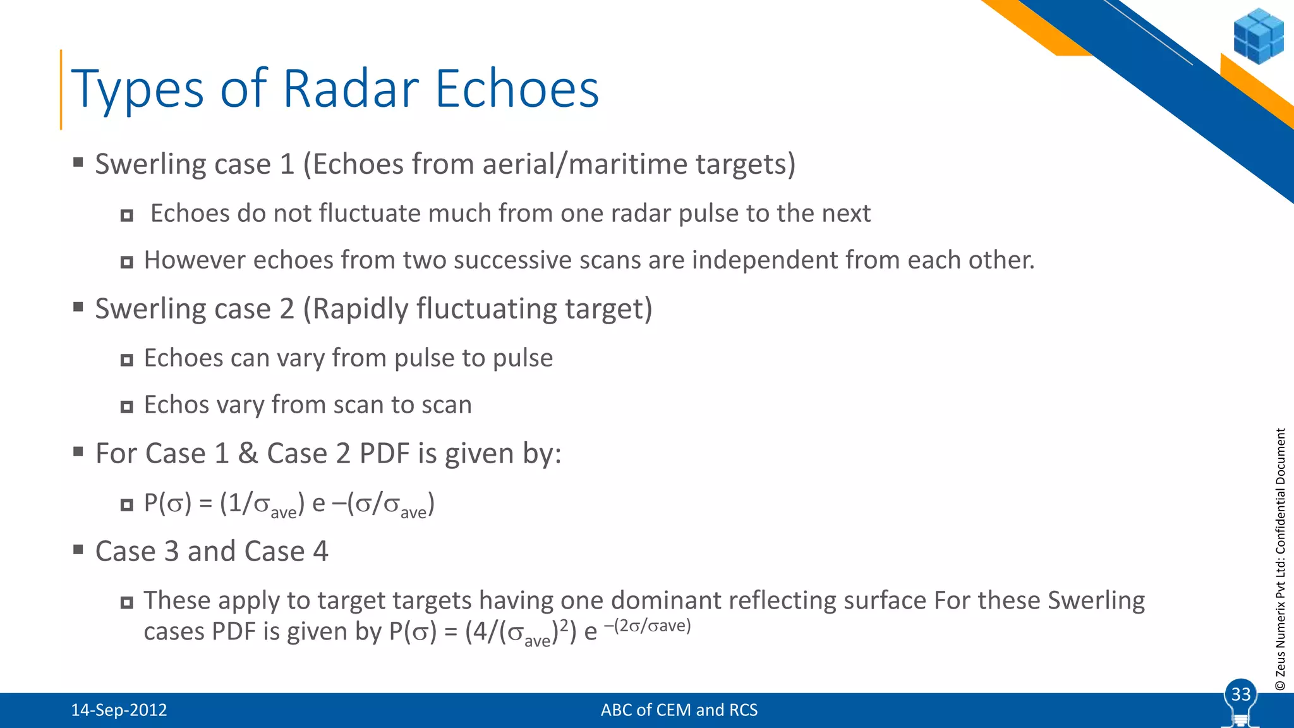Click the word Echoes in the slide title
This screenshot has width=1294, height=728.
[517, 88]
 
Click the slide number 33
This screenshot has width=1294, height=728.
[1241, 695]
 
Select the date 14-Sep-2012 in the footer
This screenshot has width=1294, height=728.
[119, 710]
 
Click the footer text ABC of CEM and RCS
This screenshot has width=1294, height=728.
[679, 710]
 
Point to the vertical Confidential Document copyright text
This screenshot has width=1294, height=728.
[1280, 559]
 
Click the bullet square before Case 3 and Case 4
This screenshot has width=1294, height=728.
[78, 549]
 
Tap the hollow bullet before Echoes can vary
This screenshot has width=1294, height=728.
[127, 360]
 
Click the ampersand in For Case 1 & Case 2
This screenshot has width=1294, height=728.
[248, 454]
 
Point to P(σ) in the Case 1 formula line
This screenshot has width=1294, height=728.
[167, 504]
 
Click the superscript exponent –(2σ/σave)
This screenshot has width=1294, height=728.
[647, 626]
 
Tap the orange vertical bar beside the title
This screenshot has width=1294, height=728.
[61, 90]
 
